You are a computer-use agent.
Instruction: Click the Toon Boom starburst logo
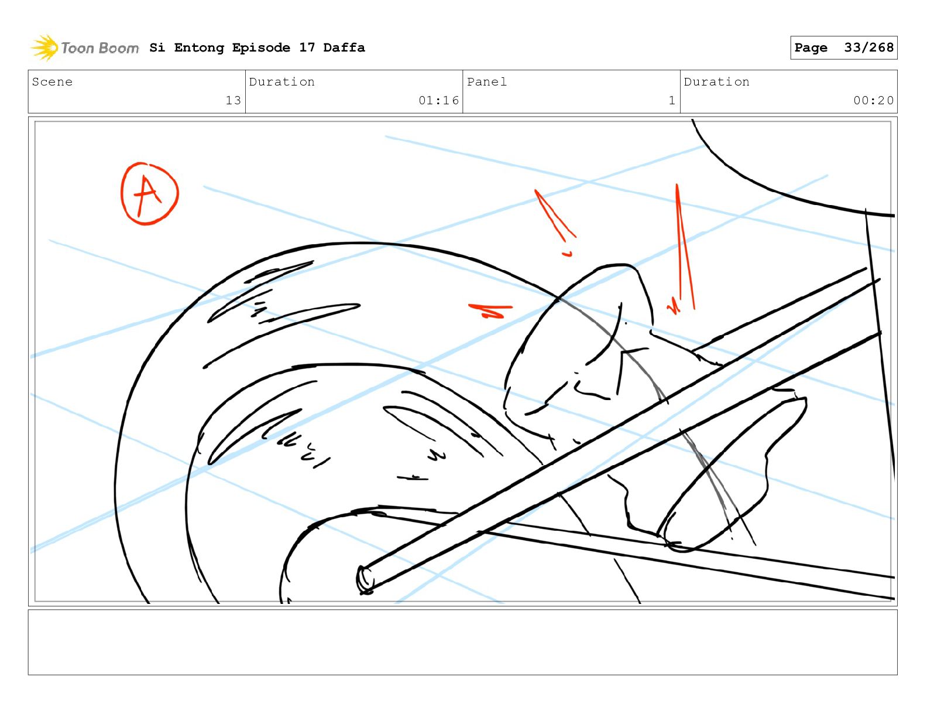[44, 47]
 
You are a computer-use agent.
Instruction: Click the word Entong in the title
[199, 47]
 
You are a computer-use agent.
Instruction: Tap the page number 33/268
[868, 47]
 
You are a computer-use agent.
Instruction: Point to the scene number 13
[234, 100]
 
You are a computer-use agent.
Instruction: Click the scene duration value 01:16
[438, 100]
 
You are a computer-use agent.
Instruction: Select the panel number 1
[672, 100]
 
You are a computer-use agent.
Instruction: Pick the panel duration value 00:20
[873, 100]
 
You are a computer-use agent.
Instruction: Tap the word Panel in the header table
[487, 81]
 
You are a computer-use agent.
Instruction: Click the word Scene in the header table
[52, 81]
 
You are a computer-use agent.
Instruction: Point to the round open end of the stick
[365, 579]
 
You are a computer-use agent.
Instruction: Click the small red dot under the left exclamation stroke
[567, 254]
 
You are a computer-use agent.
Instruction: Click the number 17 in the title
[307, 47]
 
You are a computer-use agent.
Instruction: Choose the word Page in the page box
[811, 47]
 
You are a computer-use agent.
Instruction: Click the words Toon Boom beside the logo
[100, 48]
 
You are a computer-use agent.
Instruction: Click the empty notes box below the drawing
[463, 642]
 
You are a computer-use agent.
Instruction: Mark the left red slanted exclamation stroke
[555, 215]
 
